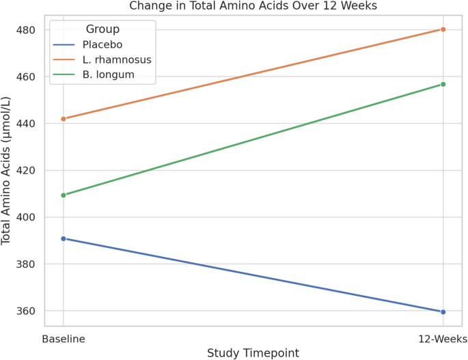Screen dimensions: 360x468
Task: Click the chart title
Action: click(x=253, y=6)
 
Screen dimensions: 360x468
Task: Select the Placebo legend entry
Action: click(x=102, y=44)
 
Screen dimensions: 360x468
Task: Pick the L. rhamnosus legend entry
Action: click(x=117, y=59)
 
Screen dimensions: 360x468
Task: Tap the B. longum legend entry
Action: click(x=109, y=74)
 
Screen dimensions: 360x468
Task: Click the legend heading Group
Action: click(x=102, y=29)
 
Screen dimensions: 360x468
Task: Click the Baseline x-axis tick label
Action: click(x=64, y=339)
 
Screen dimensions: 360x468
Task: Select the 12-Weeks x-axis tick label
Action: click(x=443, y=339)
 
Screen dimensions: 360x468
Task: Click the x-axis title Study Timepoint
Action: click(x=253, y=352)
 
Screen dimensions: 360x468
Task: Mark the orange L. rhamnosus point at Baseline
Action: click(x=64, y=119)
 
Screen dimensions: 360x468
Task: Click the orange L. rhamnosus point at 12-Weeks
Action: click(x=443, y=29)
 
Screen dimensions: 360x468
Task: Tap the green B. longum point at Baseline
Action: click(x=64, y=195)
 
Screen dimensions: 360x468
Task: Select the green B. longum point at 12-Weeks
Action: click(x=443, y=84)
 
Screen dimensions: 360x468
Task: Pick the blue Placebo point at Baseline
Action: click(x=64, y=238)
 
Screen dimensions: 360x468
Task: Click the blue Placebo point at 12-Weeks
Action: click(x=443, y=312)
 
